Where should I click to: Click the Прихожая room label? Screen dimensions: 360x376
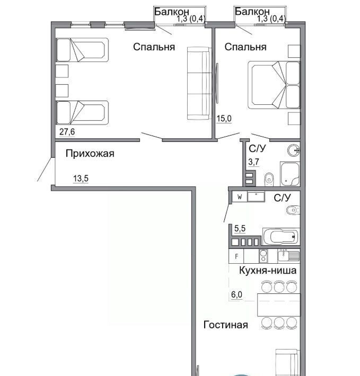(x=90, y=154)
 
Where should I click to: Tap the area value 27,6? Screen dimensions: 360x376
(x=67, y=132)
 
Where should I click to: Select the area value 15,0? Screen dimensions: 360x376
(x=224, y=119)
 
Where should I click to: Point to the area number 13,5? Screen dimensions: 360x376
(x=81, y=178)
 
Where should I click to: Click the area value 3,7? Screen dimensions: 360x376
(x=253, y=162)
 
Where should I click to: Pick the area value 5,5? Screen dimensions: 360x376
(x=240, y=229)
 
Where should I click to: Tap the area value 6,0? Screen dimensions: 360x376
(x=236, y=294)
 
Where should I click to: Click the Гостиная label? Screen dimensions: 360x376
(x=226, y=325)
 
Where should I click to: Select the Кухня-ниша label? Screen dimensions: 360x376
(x=268, y=270)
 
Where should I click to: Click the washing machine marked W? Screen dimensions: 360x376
(x=240, y=197)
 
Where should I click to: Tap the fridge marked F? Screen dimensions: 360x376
(x=236, y=256)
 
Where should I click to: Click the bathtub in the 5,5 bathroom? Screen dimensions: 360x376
(x=281, y=236)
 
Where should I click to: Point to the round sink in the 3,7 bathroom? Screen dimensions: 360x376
(x=294, y=150)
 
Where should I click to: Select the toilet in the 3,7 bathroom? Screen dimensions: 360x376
(x=269, y=180)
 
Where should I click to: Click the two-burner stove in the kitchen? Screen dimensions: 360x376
(x=264, y=256)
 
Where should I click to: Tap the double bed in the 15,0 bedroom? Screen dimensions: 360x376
(x=274, y=85)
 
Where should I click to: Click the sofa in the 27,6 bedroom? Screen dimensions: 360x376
(x=199, y=84)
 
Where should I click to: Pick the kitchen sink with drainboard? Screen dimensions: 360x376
(x=288, y=256)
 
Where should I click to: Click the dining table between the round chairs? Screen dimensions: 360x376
(x=279, y=305)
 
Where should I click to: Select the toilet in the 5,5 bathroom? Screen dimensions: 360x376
(x=293, y=210)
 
